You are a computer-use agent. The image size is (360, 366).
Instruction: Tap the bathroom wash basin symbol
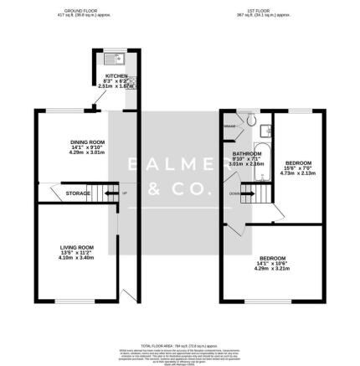click(265, 130)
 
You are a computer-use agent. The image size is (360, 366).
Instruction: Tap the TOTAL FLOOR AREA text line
click(180, 344)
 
